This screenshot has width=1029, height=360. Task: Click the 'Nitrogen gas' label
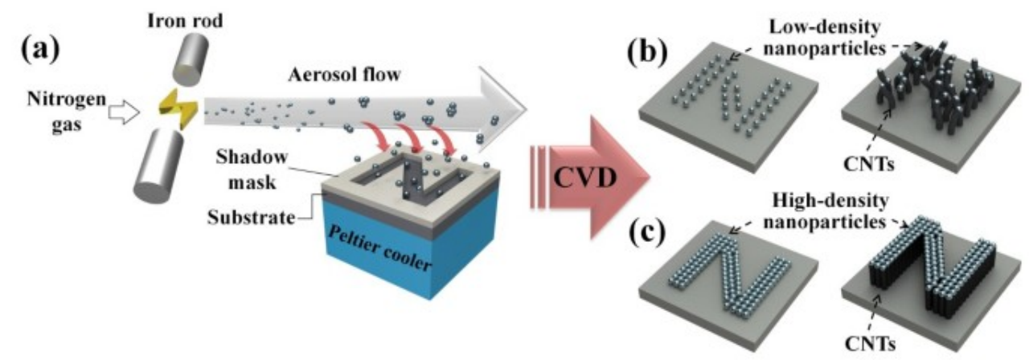57,115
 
